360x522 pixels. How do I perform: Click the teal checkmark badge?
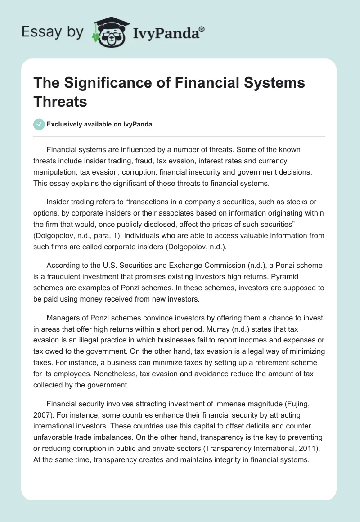(x=39, y=124)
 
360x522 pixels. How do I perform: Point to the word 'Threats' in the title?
(x=60, y=101)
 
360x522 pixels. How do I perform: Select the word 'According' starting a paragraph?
(x=63, y=266)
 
